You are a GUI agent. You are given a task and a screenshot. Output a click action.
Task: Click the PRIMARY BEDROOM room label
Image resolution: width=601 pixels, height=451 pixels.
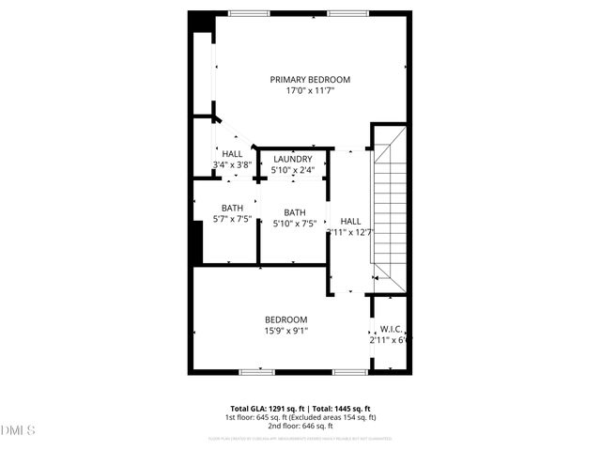point(310,79)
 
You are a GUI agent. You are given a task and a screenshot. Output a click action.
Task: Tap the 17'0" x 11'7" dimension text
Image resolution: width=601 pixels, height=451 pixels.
point(310,91)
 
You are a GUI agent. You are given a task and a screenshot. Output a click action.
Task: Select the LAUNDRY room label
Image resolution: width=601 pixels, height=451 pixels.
point(292,159)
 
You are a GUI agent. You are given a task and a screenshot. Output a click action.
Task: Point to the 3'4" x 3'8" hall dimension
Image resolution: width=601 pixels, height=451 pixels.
point(232,165)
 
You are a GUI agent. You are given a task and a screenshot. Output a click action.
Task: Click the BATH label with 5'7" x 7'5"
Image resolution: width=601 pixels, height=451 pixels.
point(232,208)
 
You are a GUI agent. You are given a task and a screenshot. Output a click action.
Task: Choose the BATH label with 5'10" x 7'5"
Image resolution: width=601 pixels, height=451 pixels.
point(294,212)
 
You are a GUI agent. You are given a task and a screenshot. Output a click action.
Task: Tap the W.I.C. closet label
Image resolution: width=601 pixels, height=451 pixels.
point(390,329)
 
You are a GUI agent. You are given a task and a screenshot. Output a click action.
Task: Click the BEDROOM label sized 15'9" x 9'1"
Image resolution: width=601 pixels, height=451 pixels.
point(285,319)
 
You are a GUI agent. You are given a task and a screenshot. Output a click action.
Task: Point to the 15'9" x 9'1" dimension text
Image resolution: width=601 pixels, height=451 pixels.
point(285,331)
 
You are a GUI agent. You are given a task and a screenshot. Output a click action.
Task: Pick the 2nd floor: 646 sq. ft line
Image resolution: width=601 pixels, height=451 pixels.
point(300,425)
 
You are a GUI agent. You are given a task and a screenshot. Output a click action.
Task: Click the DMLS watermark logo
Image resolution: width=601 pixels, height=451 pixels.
point(18,430)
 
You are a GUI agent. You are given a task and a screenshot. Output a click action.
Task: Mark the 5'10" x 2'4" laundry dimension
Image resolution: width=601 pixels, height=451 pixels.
point(292,170)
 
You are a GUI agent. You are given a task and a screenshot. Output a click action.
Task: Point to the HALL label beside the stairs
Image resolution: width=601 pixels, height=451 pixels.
point(350,221)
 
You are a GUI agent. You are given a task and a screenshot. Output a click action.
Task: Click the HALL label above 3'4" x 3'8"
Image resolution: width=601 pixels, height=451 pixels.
point(232,154)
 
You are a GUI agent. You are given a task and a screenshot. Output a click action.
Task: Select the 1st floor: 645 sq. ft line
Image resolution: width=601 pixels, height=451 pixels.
point(300,416)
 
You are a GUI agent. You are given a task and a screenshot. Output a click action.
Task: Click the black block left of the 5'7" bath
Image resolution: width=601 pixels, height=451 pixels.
point(197,243)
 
